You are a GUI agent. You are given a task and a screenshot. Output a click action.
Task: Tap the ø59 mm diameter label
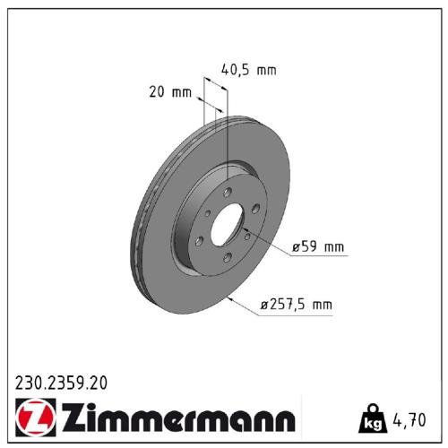[318, 246]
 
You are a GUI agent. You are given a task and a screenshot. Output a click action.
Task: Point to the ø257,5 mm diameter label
[295, 306]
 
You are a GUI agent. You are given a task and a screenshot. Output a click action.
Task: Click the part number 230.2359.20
[61, 383]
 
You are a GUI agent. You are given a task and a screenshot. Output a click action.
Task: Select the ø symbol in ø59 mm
[296, 247]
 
